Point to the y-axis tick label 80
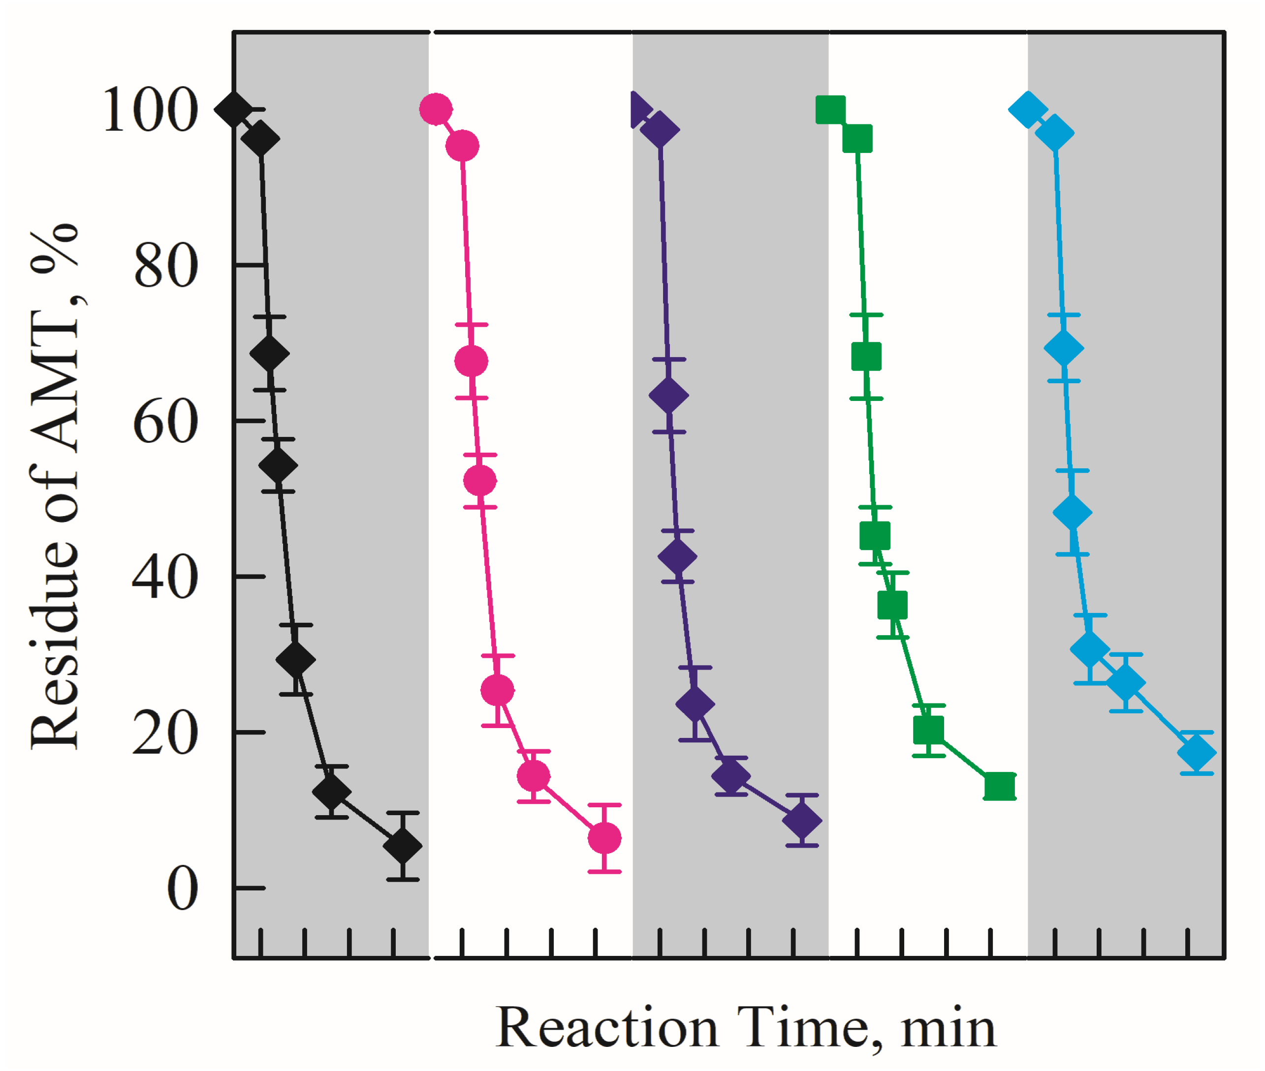click(x=165, y=266)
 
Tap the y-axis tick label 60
click(x=165, y=422)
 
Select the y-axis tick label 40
click(x=165, y=578)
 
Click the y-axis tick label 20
click(x=165, y=734)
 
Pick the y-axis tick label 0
click(x=182, y=889)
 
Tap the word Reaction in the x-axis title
click(x=607, y=1028)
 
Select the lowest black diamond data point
click(x=403, y=846)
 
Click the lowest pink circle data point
click(x=604, y=838)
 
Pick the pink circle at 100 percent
click(x=436, y=110)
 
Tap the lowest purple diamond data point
click(x=802, y=821)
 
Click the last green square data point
click(x=1000, y=787)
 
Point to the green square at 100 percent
click(x=830, y=110)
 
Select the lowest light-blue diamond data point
click(x=1197, y=753)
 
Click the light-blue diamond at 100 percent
click(x=1027, y=110)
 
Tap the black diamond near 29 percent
click(x=296, y=660)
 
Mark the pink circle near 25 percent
click(x=497, y=690)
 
